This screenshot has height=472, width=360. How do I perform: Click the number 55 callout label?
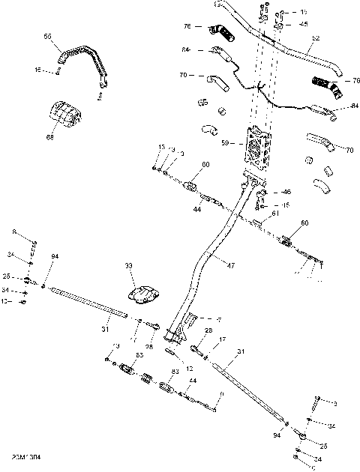pos(48,36)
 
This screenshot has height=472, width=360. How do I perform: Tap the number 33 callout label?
pos(129,266)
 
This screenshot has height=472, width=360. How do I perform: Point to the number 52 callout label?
pos(315,38)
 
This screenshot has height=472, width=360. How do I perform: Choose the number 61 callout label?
pos(275,214)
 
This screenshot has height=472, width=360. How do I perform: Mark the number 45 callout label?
pos(304,23)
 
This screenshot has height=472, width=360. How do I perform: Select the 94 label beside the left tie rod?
pos(54,257)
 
